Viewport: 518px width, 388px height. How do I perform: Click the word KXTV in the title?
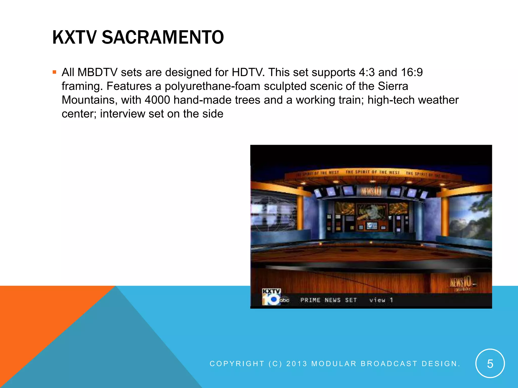[x=74, y=37]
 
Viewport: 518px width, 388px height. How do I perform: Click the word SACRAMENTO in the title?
[x=163, y=37]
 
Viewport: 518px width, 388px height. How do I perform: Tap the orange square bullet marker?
[x=54, y=72]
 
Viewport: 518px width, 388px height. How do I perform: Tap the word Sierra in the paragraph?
[x=393, y=86]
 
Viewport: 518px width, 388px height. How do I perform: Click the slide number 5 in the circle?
[x=490, y=364]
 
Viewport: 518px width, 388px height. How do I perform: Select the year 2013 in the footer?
[x=297, y=364]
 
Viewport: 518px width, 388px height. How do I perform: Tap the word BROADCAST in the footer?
[x=389, y=364]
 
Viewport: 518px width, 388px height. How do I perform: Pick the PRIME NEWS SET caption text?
[x=328, y=300]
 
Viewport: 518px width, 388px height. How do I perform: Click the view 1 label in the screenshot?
[x=381, y=300]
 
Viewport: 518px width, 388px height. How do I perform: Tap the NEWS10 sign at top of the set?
[x=371, y=191]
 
